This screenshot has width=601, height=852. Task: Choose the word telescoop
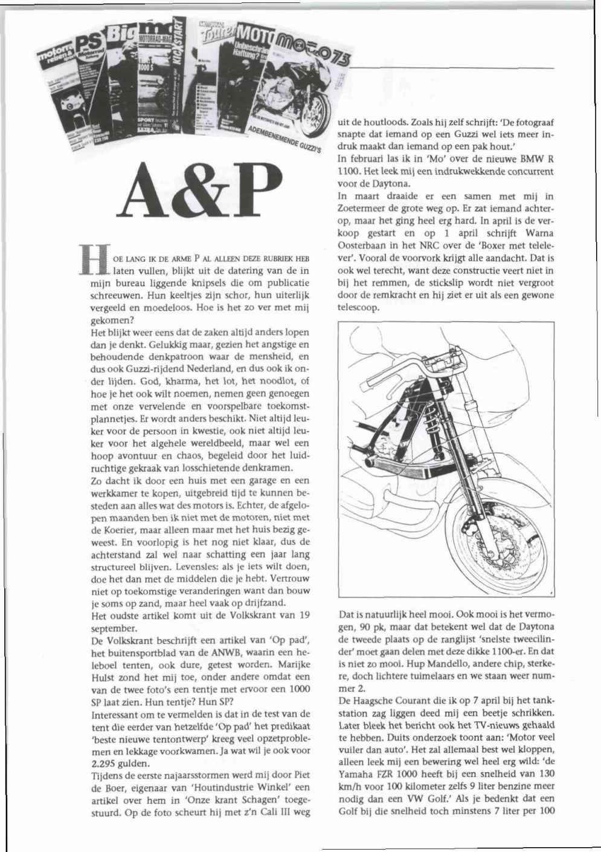tap(359, 308)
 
